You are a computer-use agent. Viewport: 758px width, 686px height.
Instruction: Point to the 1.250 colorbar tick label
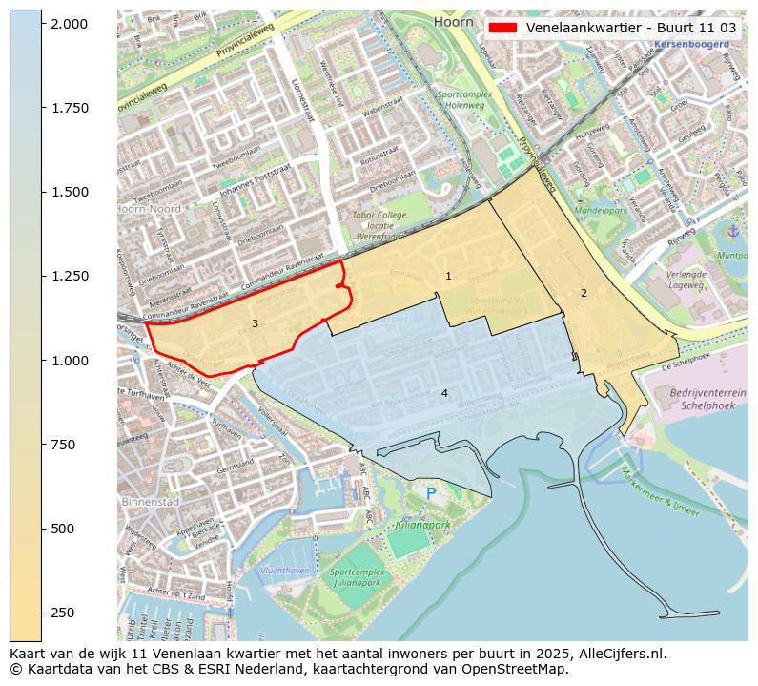tap(71, 276)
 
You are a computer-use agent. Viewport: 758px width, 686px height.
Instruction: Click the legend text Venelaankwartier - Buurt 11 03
tap(630, 28)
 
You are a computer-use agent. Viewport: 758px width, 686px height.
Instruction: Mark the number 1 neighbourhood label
tap(448, 276)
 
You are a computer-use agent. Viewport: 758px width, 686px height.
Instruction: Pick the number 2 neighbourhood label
tap(584, 293)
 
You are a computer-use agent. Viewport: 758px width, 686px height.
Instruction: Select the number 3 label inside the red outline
tap(255, 323)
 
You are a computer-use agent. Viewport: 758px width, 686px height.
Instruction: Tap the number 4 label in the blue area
tap(444, 393)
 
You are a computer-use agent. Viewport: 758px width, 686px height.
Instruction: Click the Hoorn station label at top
tap(452, 21)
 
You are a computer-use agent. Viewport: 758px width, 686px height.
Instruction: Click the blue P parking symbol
tap(431, 493)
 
